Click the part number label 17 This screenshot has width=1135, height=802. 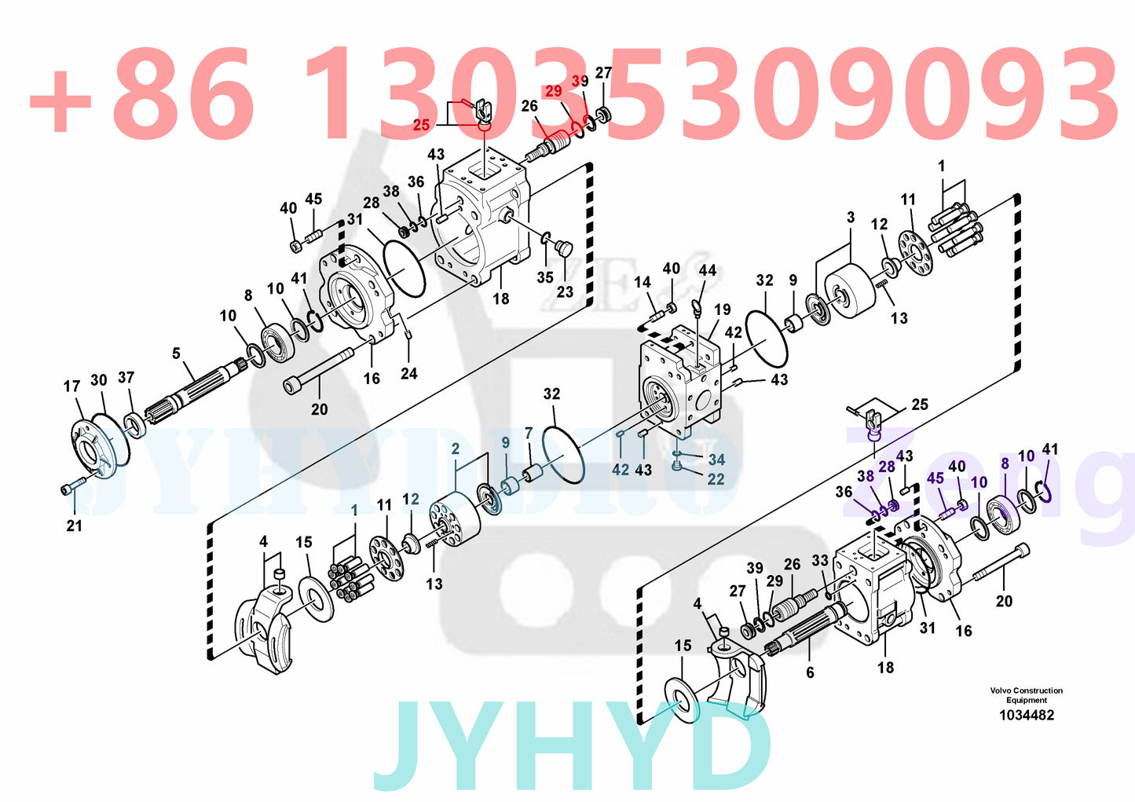pos(71,386)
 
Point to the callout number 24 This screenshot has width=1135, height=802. pos(408,374)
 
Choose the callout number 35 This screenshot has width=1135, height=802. pos(545,277)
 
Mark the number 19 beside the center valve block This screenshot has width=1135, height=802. pos(722,310)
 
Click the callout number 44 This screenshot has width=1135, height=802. pos(707,270)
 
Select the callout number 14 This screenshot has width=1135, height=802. pos(643,282)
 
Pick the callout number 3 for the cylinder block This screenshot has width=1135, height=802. pos(851,218)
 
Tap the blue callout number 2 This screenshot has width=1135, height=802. pos(456,449)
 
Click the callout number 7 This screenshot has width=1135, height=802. pos(529,434)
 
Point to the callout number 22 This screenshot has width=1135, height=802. pos(716,479)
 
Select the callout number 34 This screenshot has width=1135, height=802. pos(716,460)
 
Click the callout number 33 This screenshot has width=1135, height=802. pos(820,561)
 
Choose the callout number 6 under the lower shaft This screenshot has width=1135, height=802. pos(810,672)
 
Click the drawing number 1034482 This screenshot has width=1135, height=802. pos(1026,715)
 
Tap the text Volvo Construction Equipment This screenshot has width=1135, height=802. pos(1026,695)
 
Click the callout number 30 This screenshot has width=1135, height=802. pos(98,380)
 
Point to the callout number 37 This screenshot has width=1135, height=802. pos(126,378)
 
